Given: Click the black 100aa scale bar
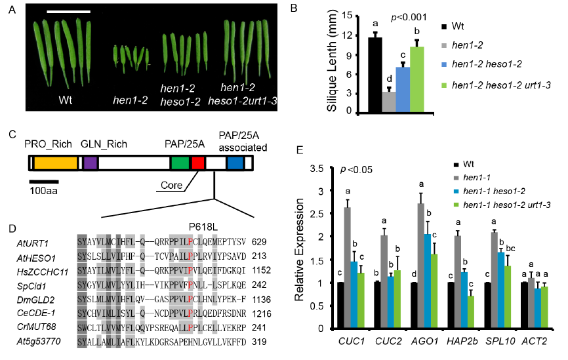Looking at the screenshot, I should (43, 182).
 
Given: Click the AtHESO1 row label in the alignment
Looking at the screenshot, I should (34, 256).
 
